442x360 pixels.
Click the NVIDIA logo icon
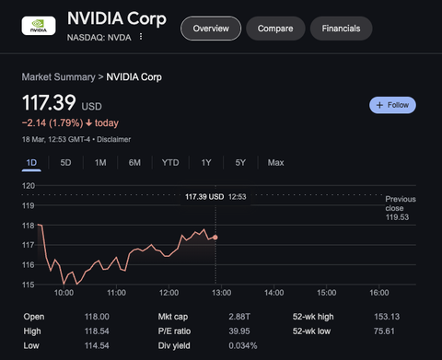click(x=39, y=29)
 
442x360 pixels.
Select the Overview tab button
click(x=210, y=29)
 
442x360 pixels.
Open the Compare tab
click(x=274, y=29)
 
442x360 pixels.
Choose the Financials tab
click(x=341, y=29)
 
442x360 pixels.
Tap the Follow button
click(x=392, y=105)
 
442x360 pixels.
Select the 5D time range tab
click(x=65, y=162)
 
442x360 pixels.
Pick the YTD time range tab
click(x=170, y=162)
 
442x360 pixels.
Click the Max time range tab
click(x=275, y=162)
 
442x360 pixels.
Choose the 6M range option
click(x=134, y=162)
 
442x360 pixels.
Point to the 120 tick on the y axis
click(x=29, y=186)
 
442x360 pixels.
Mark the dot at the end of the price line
click(x=215, y=237)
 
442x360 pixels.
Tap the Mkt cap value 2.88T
click(x=238, y=316)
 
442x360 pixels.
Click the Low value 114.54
click(x=97, y=345)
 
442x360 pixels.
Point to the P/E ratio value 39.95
click(x=238, y=331)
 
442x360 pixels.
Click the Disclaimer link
click(x=113, y=139)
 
